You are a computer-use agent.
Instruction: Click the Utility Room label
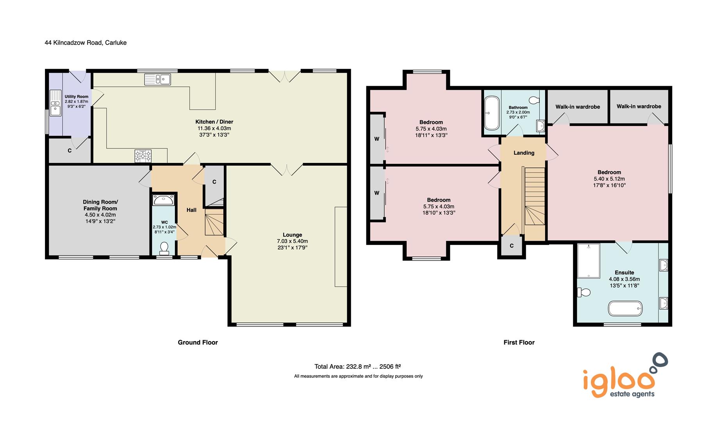click(77, 97)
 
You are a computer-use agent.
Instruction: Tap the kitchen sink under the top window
click(157, 79)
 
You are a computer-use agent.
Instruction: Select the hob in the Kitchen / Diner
click(143, 156)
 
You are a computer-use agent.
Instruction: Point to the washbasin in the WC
click(164, 200)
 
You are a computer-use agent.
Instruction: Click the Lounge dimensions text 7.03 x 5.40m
click(292, 241)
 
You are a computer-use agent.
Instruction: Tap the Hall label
click(191, 210)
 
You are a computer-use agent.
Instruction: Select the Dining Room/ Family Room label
click(100, 205)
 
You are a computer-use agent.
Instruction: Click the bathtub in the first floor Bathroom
click(491, 113)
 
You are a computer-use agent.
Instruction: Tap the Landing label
click(524, 153)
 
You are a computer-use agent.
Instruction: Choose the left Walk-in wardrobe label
click(577, 107)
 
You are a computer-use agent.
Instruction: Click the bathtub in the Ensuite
click(625, 308)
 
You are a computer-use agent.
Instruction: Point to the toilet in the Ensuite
click(584, 292)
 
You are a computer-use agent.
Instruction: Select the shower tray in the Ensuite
click(588, 261)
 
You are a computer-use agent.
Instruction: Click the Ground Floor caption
click(198, 342)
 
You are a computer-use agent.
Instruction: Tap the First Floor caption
click(519, 342)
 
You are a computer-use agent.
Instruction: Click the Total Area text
click(357, 367)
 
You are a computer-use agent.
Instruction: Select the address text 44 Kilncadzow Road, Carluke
click(86, 43)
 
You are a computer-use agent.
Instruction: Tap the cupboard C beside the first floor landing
click(511, 246)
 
